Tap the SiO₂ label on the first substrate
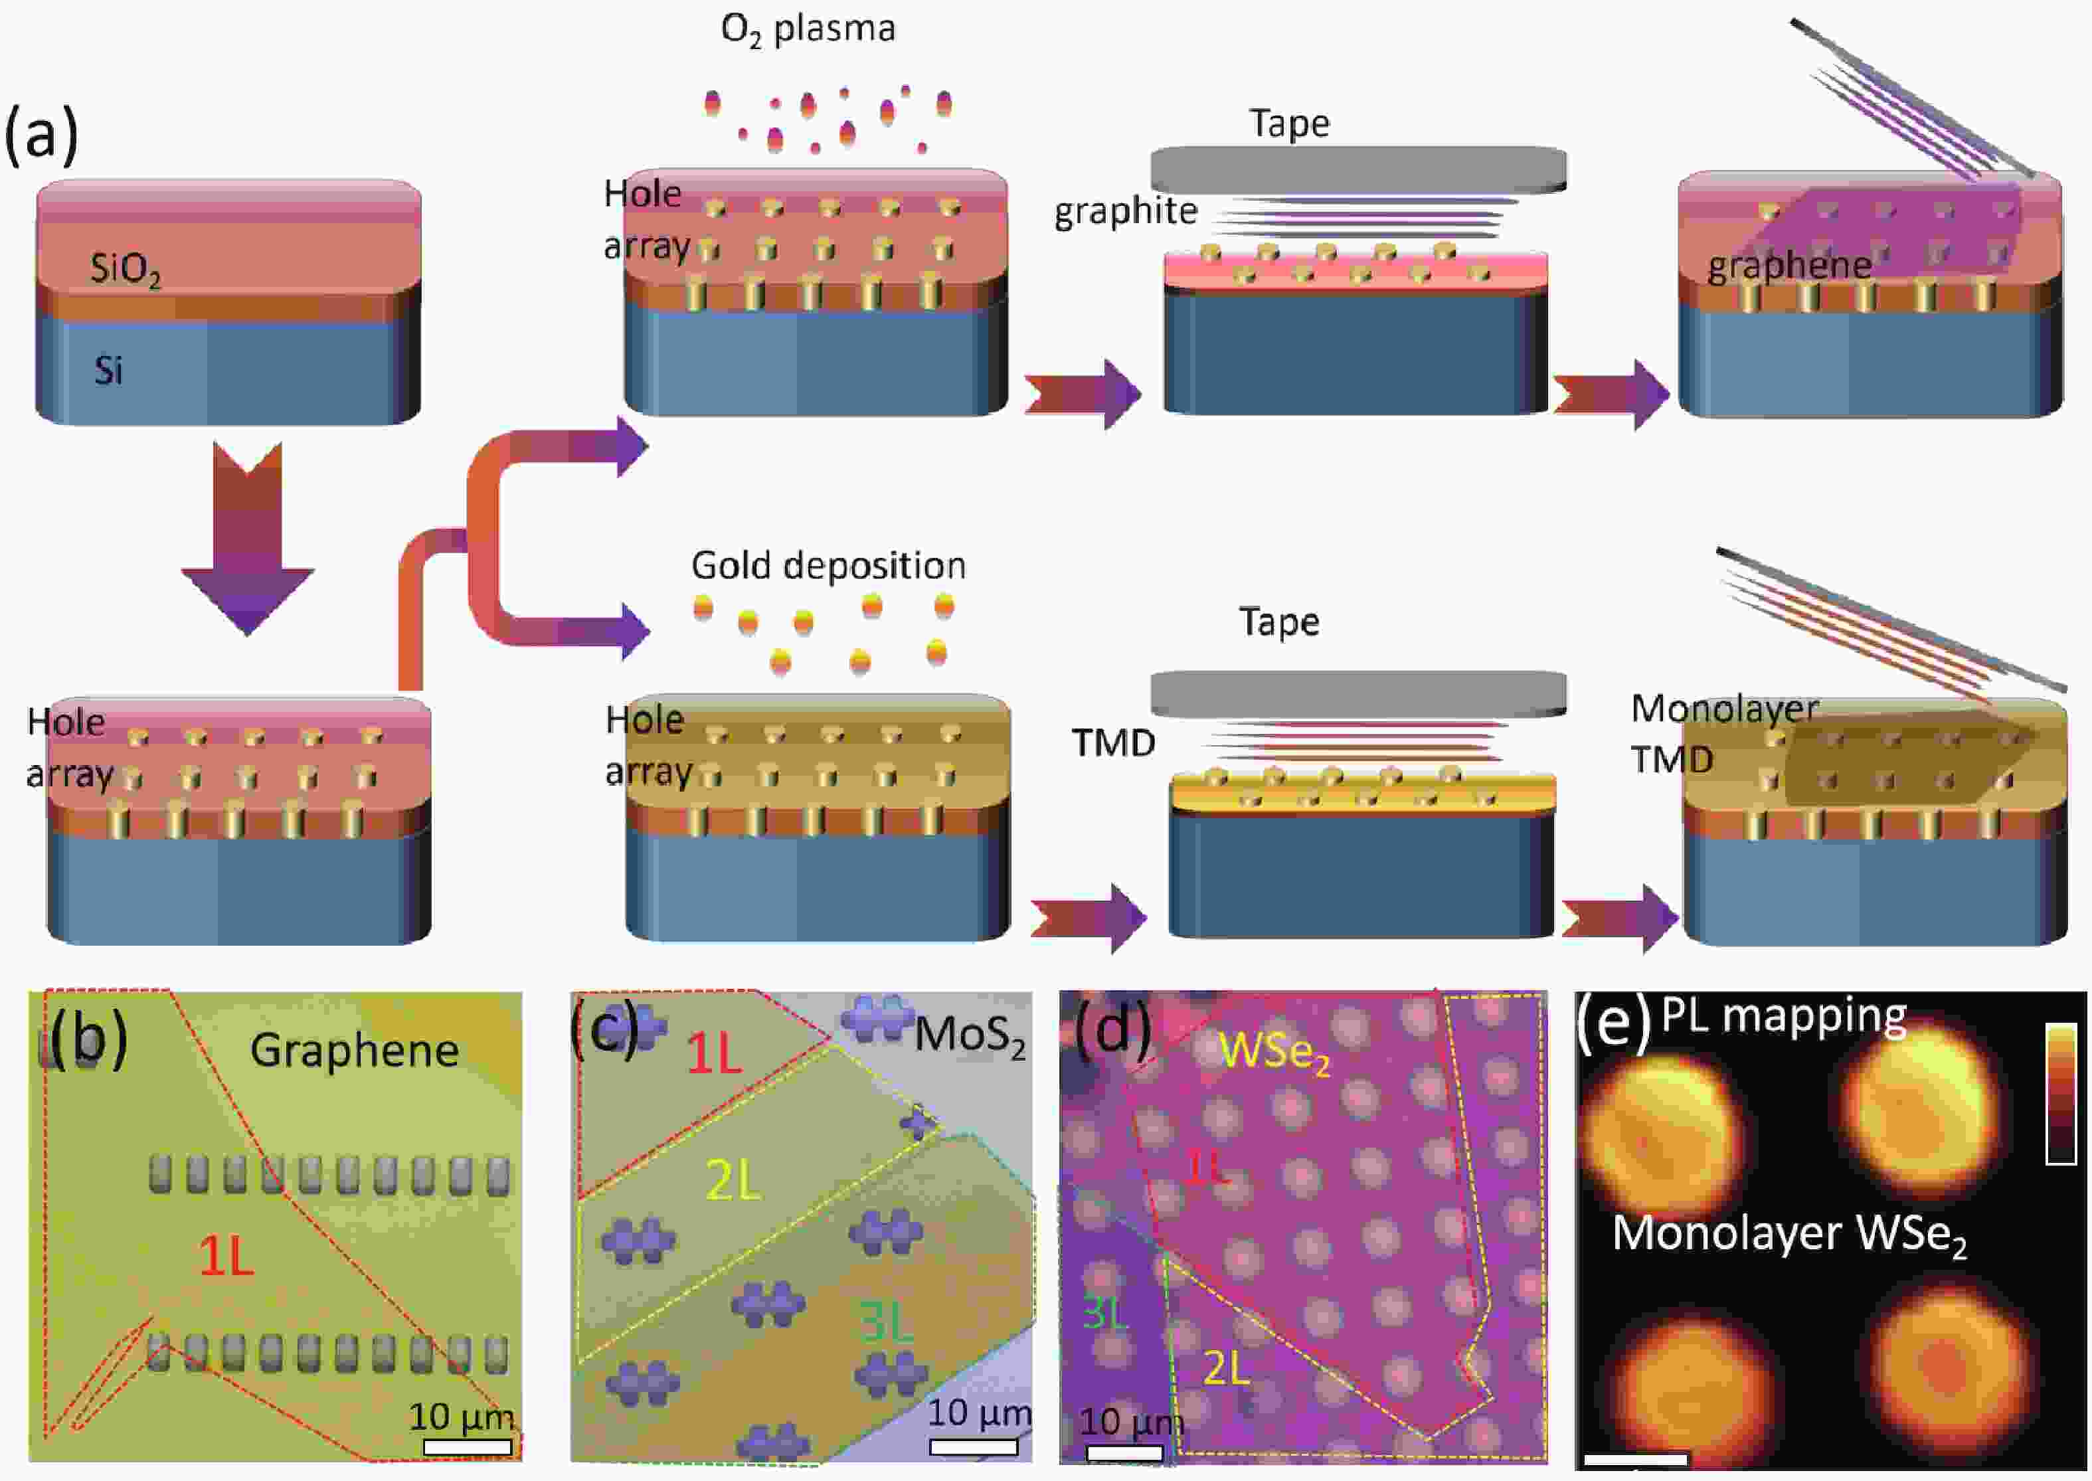click(125, 270)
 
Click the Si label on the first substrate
click(108, 371)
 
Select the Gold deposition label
click(828, 565)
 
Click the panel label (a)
click(41, 134)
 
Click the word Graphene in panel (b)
click(354, 1051)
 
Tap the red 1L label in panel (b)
click(226, 1259)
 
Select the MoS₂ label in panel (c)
click(970, 1037)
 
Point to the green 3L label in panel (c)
click(885, 1322)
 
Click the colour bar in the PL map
click(2061, 1093)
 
